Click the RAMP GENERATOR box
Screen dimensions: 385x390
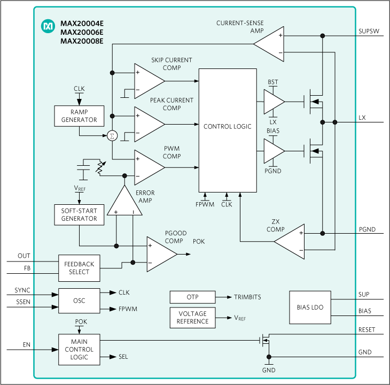coord(79,116)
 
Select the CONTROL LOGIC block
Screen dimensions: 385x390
coord(228,127)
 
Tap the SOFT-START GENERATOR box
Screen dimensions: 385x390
coord(79,214)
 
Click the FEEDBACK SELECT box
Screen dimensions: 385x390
coord(79,268)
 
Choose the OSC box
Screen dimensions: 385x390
coord(79,301)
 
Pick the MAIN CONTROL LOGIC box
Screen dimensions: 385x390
coord(79,349)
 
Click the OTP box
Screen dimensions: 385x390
coord(192,297)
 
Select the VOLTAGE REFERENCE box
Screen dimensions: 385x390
coord(192,318)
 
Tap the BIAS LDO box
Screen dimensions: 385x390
coord(310,307)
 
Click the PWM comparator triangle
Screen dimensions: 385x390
coord(147,167)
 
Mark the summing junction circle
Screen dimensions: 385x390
coord(112,136)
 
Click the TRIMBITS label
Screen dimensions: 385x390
coord(247,297)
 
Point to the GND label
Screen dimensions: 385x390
coord(269,370)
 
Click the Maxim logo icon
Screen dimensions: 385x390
coord(49,25)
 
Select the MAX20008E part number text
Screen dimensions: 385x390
coord(82,41)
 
